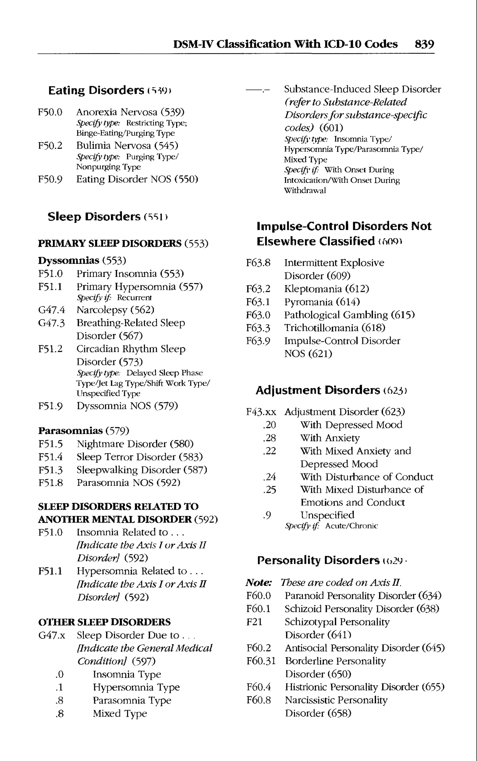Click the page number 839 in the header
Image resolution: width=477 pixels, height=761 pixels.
[x=424, y=44]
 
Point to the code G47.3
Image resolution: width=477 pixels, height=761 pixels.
[x=51, y=323]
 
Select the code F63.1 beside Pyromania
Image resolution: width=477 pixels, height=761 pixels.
[x=258, y=302]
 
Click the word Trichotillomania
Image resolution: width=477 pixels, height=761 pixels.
[x=321, y=328]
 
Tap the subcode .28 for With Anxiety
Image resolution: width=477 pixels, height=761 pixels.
[x=269, y=438]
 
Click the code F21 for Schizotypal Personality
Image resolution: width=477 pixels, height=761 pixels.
[x=254, y=622]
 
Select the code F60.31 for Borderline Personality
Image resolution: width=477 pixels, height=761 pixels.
[x=261, y=661]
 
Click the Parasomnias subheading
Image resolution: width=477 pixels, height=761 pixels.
[x=70, y=431]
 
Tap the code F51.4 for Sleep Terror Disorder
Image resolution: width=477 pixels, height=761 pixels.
[x=51, y=457]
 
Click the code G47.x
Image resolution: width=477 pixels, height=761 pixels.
[x=52, y=635]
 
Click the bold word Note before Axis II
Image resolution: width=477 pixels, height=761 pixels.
[x=258, y=582]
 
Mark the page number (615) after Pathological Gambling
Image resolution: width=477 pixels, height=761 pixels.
[x=402, y=315]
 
